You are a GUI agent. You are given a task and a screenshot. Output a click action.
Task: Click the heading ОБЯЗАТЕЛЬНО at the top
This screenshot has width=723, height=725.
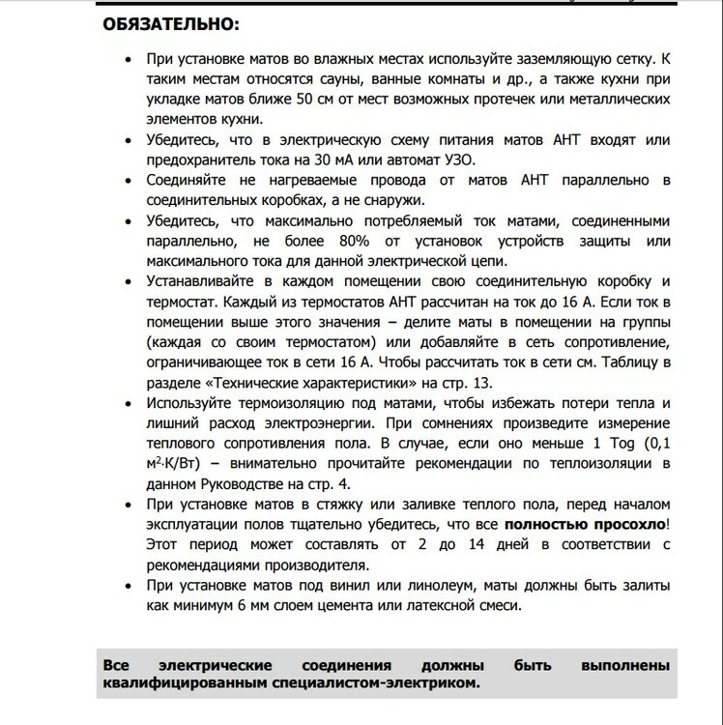(169, 23)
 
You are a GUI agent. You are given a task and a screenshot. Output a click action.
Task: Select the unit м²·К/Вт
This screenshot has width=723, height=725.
(180, 462)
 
